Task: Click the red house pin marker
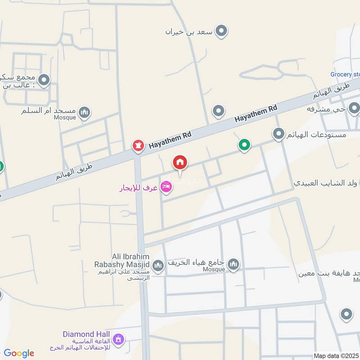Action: [180, 162]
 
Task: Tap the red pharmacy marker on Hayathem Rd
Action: [138, 145]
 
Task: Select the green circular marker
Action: [244, 145]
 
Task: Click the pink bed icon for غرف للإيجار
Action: [166, 187]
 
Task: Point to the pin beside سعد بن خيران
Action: [221, 31]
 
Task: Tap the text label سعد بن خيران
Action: [189, 31]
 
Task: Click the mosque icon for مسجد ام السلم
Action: [84, 112]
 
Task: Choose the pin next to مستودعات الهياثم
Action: [279, 134]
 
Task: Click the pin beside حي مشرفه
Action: [354, 108]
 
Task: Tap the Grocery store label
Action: [345, 75]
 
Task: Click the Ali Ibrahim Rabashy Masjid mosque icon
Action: [157, 266]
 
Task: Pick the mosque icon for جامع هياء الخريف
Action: [233, 264]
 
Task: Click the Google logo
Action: [19, 353]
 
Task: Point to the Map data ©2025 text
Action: [336, 355]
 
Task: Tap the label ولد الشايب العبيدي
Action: [325, 183]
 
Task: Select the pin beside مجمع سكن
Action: [44, 81]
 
